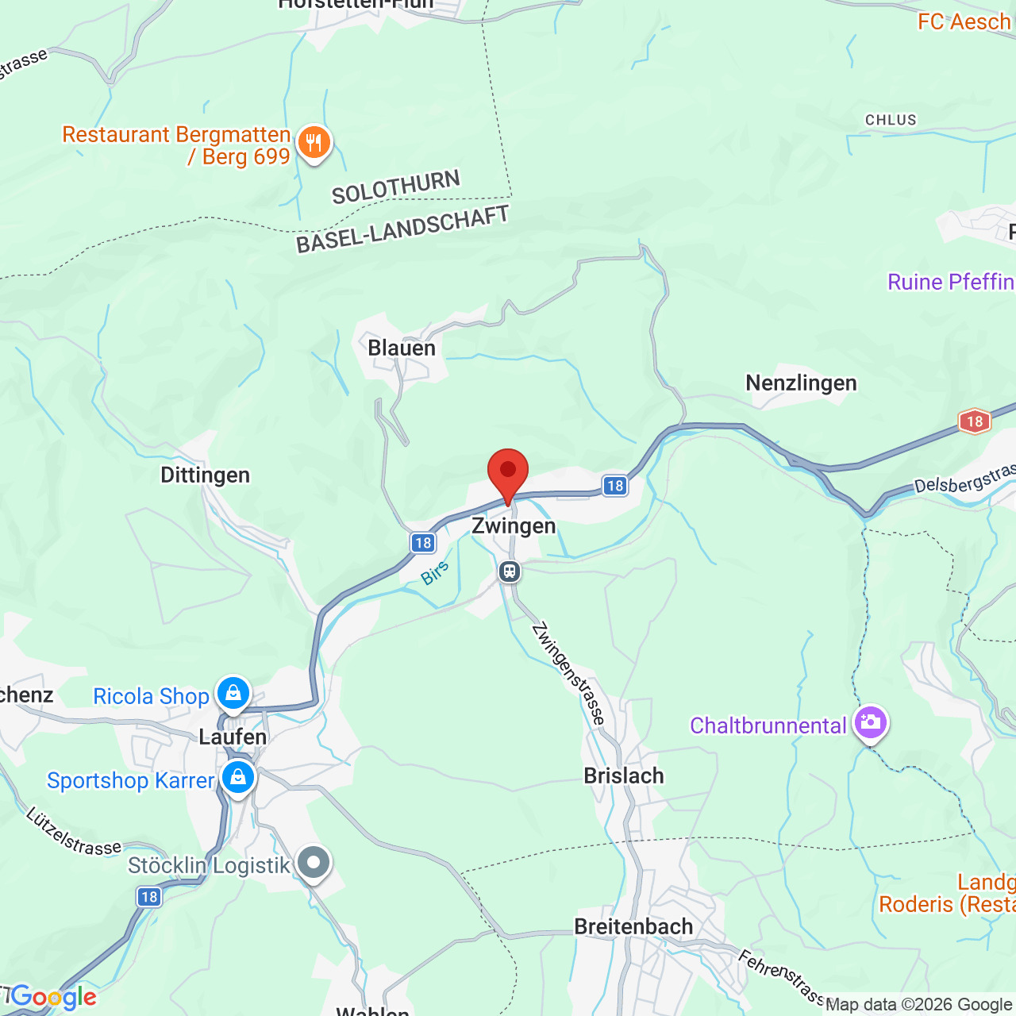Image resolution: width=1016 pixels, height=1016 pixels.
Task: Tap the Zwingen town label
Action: (514, 525)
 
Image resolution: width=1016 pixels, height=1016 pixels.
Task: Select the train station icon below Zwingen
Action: (510, 571)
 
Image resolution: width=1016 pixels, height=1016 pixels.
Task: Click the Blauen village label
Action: (402, 348)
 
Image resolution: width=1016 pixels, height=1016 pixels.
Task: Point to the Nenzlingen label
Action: (801, 383)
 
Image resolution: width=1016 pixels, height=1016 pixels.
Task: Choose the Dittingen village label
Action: (205, 475)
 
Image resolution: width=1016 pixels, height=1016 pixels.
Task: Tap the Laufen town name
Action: (233, 737)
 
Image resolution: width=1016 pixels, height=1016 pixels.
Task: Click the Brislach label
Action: (624, 775)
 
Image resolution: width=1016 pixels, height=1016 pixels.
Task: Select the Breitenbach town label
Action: (633, 926)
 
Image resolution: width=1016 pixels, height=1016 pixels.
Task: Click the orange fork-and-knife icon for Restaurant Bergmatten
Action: (314, 144)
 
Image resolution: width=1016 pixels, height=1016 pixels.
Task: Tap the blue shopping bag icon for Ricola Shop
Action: (233, 694)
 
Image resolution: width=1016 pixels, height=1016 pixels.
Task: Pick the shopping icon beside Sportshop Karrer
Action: (238, 778)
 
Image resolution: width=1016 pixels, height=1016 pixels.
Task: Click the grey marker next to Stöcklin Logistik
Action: (314, 863)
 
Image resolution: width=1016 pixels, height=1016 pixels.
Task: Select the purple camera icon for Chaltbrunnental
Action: (871, 723)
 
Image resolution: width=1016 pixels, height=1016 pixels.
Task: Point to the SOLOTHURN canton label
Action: (395, 187)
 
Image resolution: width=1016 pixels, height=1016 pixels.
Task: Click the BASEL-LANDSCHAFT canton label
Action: (402, 229)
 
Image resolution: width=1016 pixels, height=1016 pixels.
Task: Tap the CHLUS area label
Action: (891, 120)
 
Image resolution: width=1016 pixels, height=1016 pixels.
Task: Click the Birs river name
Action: (435, 572)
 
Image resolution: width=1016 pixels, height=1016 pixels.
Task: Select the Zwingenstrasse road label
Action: (568, 673)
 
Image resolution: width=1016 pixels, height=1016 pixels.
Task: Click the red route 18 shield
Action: (975, 421)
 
